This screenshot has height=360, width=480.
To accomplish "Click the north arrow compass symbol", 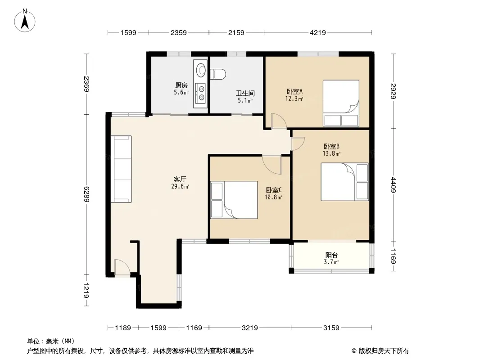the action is pos(25,21).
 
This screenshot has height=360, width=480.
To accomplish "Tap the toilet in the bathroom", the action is pos(218,74).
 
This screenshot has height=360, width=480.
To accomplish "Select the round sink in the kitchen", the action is pos(201,70).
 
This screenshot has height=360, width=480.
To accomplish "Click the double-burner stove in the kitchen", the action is pos(201,93).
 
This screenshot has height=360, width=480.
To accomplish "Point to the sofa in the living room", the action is pos(121,169).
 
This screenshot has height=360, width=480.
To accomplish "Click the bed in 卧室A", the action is pos(341,103).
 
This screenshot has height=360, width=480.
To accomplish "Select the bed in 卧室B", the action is pos(344,182).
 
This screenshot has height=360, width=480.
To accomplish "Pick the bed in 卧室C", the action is pos(234,200).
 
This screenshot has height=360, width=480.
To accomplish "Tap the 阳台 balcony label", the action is pos(331,255).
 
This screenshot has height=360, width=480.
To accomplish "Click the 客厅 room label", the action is pos(180,179).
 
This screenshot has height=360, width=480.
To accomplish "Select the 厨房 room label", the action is pos(181,85).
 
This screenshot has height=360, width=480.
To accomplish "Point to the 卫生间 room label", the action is pos(245,93).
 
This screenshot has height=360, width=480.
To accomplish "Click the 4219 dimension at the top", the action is pos(318,32).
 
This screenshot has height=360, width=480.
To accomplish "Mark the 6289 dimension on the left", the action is pos(86,194).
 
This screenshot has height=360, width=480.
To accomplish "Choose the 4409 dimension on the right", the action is pos(394,185).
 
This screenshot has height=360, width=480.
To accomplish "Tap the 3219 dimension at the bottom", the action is pos(250,328).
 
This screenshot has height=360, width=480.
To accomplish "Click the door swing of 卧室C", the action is pos(272,165).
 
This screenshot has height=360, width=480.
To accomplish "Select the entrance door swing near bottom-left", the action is pos(122,267).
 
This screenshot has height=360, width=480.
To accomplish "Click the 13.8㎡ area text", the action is pos(331,153).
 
